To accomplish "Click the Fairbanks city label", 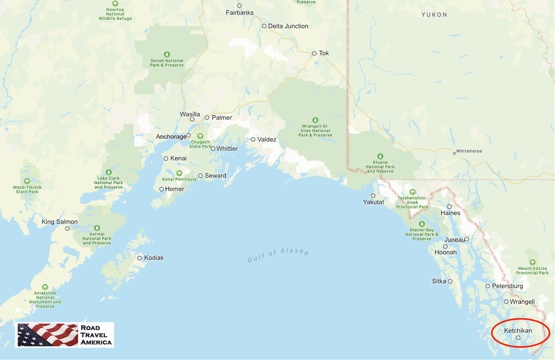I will (x=239, y=13).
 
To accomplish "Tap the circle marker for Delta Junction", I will (x=264, y=26).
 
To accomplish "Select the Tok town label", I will (x=324, y=53).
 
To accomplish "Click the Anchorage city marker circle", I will (x=189, y=135).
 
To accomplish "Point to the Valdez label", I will (x=267, y=139).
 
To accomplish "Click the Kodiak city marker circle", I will (x=139, y=258).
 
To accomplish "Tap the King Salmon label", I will (x=59, y=222).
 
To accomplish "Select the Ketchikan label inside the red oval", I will (x=518, y=331).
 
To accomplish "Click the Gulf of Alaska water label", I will (x=278, y=255).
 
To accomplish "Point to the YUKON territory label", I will (x=434, y=15).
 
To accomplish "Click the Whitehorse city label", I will (x=469, y=151).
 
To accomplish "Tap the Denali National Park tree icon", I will (x=167, y=54).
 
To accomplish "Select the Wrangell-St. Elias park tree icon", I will (x=315, y=120).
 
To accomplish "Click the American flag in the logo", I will (x=48, y=335).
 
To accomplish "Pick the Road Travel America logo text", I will (x=96, y=335).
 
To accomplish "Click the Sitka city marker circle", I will (x=450, y=281).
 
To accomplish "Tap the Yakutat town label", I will (x=373, y=202).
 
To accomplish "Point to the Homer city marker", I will (x=162, y=189).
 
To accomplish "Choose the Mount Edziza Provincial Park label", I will (x=532, y=270).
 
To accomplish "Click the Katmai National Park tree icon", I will (x=97, y=228).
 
